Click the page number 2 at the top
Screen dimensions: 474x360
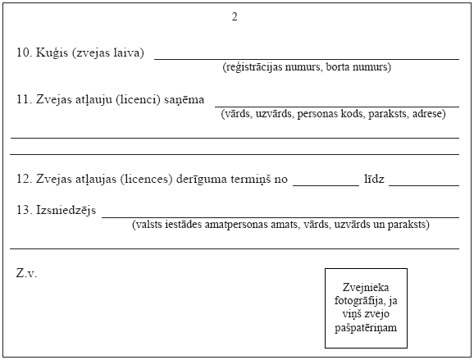tap(235, 17)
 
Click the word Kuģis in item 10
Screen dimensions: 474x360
tap(52, 53)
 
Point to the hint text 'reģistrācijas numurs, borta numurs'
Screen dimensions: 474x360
tap(307, 67)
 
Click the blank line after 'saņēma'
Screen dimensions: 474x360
tap(336, 106)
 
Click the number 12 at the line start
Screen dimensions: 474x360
tap(23, 178)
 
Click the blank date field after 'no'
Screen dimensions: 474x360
tap(325, 184)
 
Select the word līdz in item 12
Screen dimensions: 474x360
tap(374, 178)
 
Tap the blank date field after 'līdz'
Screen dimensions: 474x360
tap(423, 184)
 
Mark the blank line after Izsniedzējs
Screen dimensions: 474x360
tap(280, 216)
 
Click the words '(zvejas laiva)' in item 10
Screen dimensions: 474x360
tap(107, 53)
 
